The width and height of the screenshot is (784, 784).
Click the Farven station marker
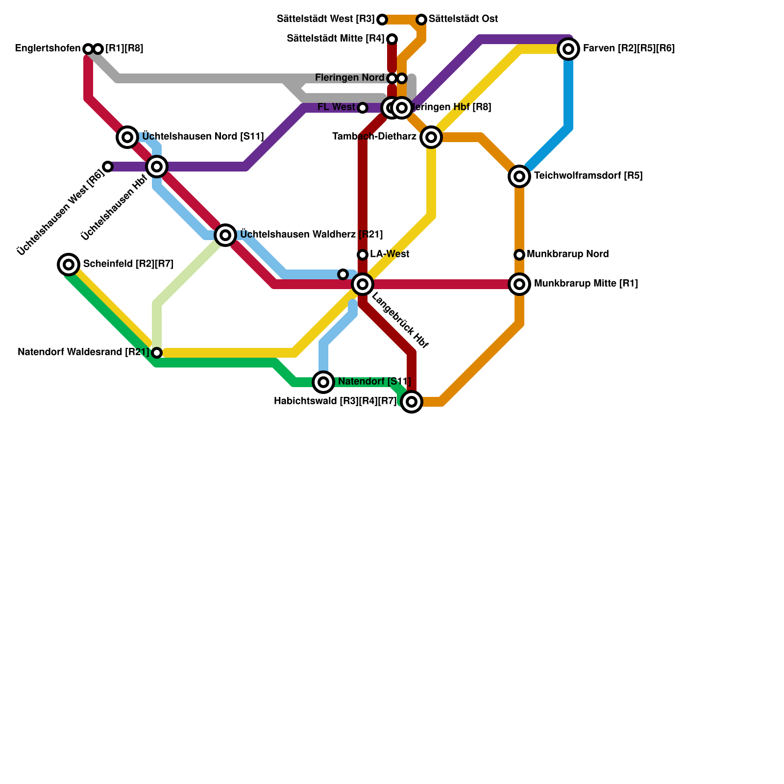tap(568, 49)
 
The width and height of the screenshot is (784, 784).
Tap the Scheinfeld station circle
tap(69, 265)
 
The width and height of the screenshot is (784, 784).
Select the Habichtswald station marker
tap(412, 402)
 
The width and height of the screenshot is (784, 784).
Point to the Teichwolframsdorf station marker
tap(519, 176)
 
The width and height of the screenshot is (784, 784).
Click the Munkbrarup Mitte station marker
tap(519, 284)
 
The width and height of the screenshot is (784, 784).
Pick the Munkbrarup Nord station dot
tap(519, 255)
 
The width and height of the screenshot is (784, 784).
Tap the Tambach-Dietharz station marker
tap(431, 137)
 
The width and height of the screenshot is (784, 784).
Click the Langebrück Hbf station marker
tap(363, 284)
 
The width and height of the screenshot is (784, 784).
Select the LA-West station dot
tap(363, 255)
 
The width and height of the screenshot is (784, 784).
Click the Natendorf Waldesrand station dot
tap(157, 353)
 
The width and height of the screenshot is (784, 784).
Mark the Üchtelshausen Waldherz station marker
tap(225, 235)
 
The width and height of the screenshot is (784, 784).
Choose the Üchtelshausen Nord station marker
tap(127, 137)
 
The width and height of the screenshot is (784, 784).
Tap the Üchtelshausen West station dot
tap(108, 167)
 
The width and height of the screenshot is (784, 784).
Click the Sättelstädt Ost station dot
tap(421, 20)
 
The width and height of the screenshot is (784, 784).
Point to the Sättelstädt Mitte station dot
tap(392, 39)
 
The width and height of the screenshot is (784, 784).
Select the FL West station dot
tap(363, 108)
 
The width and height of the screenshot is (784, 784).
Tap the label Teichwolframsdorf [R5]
tap(588, 176)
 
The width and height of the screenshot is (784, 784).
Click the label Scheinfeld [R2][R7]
tap(128, 265)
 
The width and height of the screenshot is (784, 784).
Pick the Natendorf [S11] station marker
tap(323, 382)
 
